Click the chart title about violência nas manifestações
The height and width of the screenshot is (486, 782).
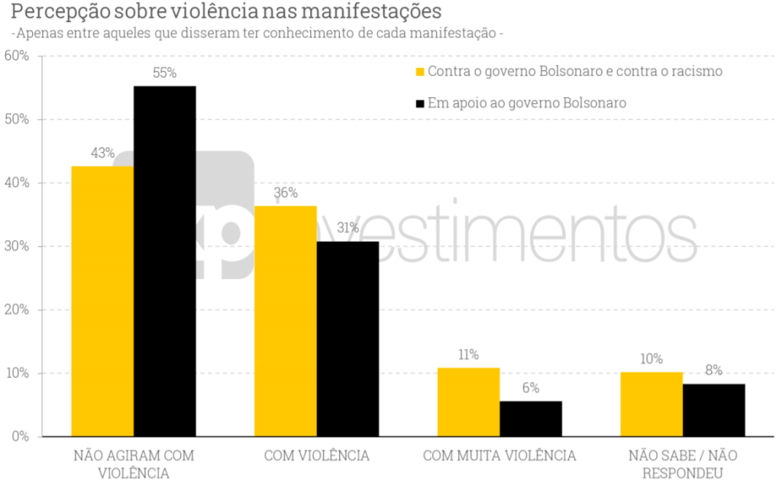226,12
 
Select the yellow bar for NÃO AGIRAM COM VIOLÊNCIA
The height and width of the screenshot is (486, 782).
102,301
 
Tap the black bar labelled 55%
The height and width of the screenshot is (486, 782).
164,261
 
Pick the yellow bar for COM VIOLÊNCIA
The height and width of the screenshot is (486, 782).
286,321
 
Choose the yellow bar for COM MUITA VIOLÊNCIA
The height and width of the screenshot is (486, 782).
468,402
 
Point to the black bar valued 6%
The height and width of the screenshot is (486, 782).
531,419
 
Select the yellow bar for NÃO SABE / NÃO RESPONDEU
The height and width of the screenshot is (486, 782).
651,404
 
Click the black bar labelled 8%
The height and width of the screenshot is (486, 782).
714,410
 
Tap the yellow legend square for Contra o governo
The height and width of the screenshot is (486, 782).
419,72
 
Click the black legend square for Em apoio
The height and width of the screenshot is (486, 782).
419,103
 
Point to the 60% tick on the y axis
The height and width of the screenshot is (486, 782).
16,56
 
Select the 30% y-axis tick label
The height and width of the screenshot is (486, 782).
16,246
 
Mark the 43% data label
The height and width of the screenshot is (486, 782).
102,153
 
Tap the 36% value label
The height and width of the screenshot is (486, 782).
286,193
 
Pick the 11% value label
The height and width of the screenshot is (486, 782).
468,355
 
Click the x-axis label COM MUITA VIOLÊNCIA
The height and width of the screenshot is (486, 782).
499,455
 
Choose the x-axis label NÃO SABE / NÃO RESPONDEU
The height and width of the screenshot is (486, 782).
683,464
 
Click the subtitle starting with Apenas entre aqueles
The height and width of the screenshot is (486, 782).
257,34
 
